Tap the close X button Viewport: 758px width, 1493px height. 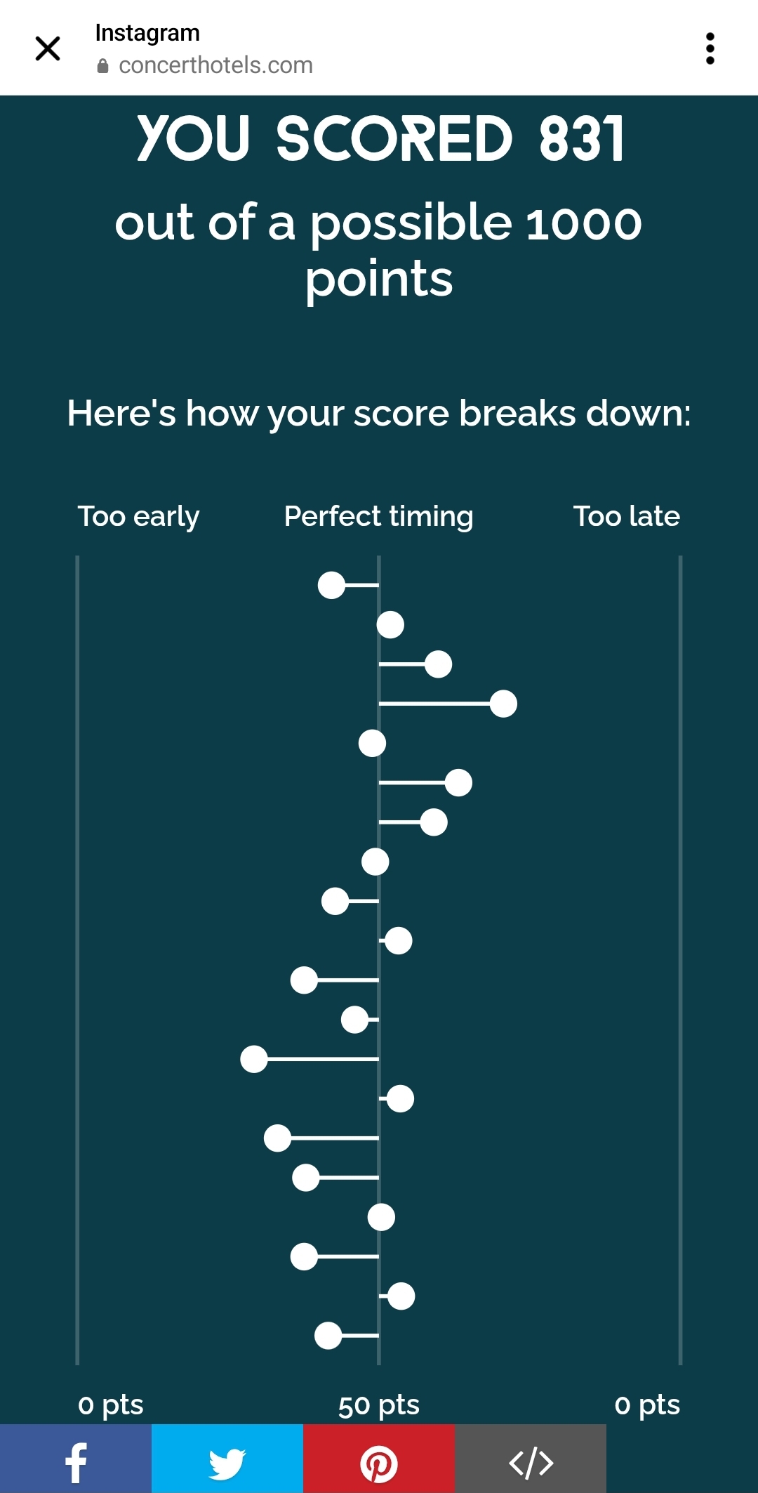48,48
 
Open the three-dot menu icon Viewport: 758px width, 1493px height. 710,48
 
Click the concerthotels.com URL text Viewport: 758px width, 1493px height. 215,65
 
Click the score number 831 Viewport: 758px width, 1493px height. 581,139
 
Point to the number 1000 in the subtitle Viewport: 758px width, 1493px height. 583,224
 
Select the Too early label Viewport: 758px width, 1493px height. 138,517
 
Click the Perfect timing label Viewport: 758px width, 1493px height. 378,517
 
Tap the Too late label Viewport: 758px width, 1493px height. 627,516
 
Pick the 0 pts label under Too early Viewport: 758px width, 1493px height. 111,1405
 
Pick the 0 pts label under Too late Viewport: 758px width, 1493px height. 647,1405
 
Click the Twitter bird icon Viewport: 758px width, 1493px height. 227,1464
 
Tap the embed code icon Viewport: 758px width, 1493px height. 531,1464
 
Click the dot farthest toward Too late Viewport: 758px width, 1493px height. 503,704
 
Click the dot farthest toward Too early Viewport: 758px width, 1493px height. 254,1059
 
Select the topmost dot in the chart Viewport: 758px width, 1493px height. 331,585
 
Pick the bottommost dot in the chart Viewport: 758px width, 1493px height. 328,1336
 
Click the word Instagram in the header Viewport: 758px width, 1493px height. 147,33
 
